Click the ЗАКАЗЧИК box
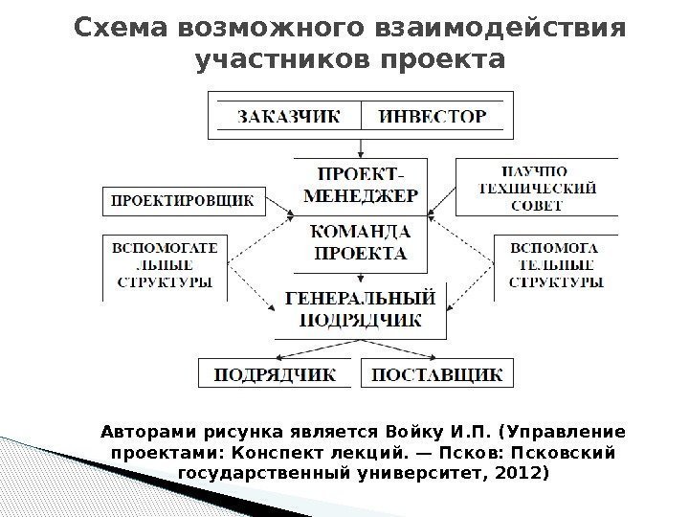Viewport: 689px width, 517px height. click(288, 118)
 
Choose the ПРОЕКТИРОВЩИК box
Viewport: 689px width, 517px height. click(178, 201)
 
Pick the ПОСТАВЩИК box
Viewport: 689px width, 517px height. click(436, 374)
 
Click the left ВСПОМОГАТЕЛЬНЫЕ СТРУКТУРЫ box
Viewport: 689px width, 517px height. click(165, 266)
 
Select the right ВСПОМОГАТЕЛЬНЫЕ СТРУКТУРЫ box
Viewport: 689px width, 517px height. click(555, 266)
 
